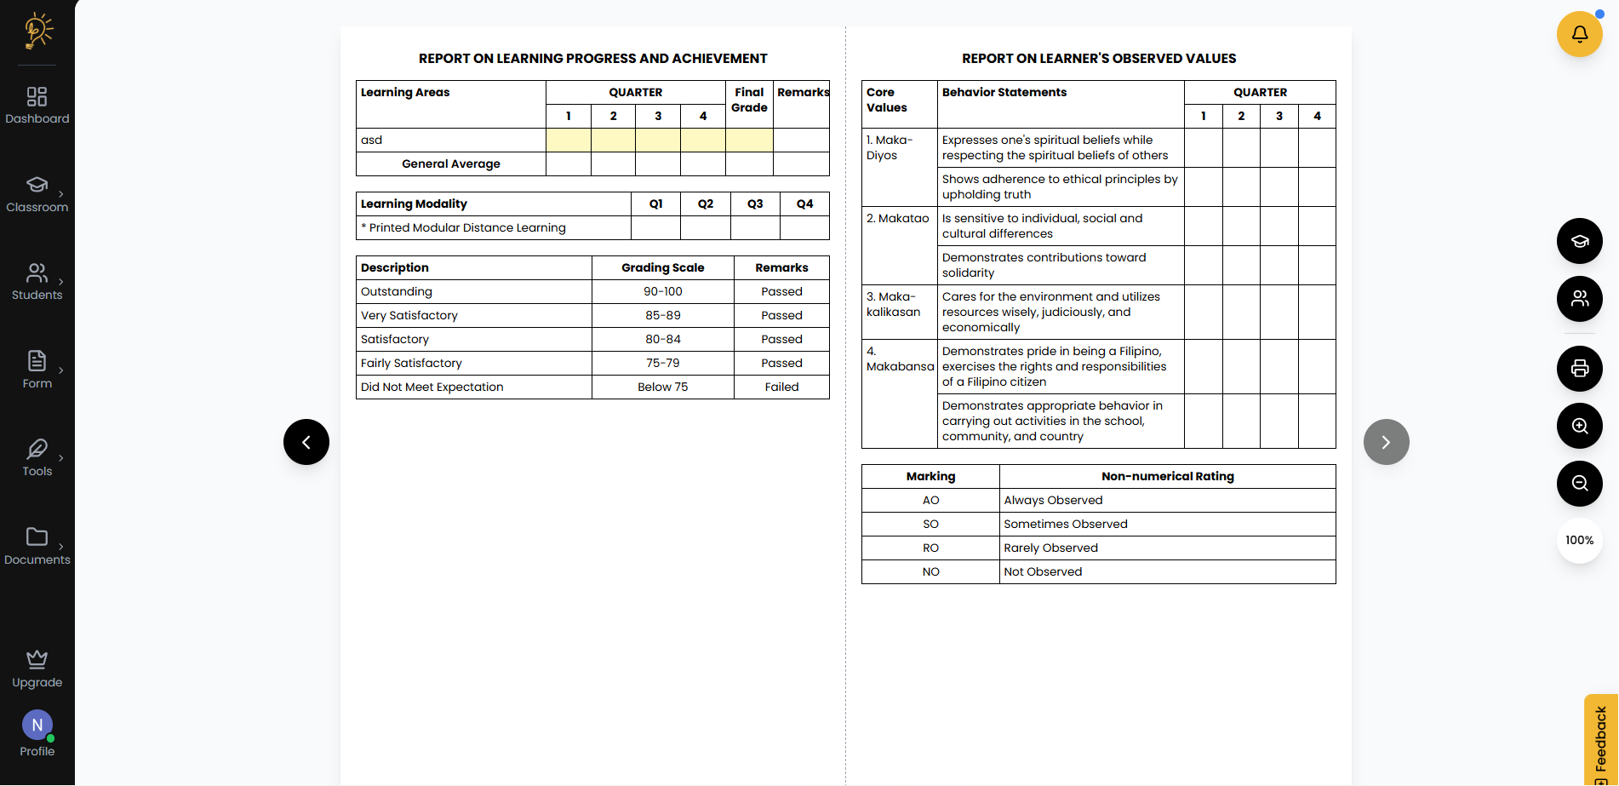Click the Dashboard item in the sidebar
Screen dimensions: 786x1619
point(37,106)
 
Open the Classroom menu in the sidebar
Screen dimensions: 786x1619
point(37,194)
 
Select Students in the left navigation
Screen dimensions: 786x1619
point(37,282)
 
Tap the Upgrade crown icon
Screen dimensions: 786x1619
point(37,660)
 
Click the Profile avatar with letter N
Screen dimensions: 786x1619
point(37,726)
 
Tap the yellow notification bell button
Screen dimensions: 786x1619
point(1579,34)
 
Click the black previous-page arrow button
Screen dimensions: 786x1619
point(306,442)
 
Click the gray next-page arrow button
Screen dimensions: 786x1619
point(1386,442)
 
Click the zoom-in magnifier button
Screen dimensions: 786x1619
point(1579,426)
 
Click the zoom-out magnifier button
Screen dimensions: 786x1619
point(1579,484)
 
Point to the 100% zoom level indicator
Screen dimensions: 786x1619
point(1579,541)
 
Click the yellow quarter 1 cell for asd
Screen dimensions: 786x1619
point(569,141)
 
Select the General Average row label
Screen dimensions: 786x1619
point(451,164)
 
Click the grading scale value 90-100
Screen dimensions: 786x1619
point(662,292)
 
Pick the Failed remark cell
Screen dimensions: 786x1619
point(781,387)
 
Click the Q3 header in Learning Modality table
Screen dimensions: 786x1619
point(755,204)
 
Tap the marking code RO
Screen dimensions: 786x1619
point(930,548)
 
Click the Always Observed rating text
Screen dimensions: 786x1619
point(1053,501)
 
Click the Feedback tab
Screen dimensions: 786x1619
point(1600,739)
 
